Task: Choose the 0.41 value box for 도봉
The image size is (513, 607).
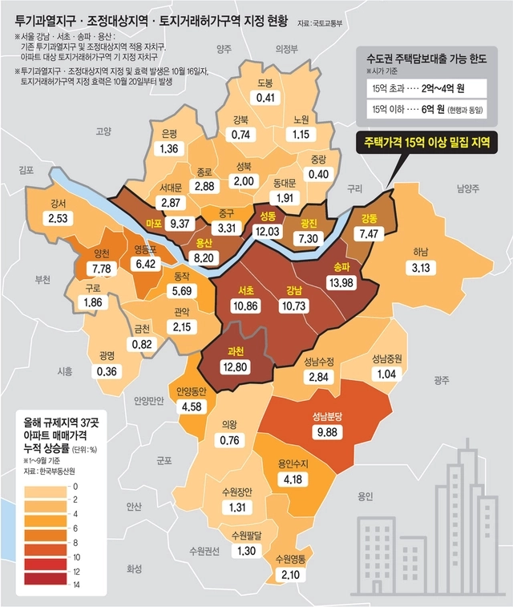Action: click(x=265, y=98)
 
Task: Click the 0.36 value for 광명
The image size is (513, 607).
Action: click(x=106, y=370)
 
